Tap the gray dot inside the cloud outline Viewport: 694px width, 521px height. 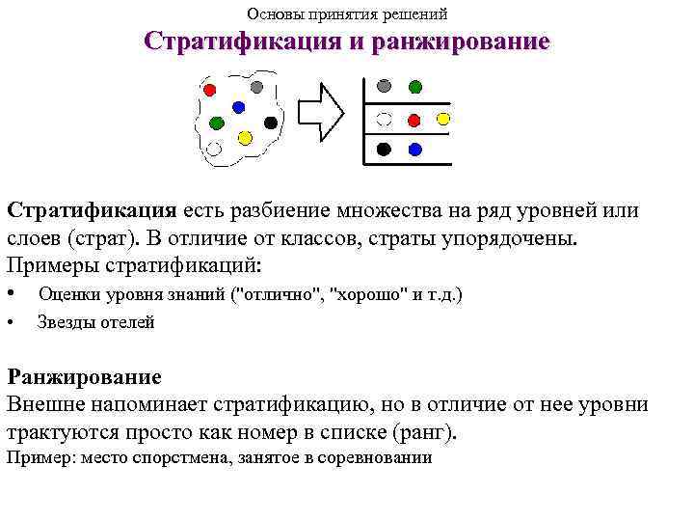tap(257, 87)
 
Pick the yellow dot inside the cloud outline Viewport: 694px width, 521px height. tap(245, 138)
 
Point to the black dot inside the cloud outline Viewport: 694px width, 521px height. tap(271, 123)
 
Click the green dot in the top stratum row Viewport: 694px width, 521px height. tap(415, 86)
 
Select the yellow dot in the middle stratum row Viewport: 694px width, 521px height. tap(443, 120)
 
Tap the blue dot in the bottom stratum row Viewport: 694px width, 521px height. tap(415, 150)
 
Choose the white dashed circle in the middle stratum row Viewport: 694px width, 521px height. tap(384, 120)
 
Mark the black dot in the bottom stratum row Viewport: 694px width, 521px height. tap(384, 150)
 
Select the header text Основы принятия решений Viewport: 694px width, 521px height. tap(347, 14)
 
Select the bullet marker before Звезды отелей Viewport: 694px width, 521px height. tap(11, 323)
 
